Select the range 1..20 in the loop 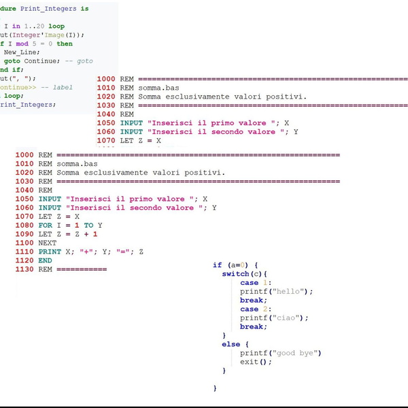[x=34, y=26]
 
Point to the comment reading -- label [x=56, y=87]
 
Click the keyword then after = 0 [x=65, y=44]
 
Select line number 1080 [x=24, y=225]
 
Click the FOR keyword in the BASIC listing [x=45, y=225]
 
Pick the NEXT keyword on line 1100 [x=48, y=243]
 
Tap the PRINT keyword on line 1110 [x=50, y=252]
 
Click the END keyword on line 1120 [x=45, y=260]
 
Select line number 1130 [x=24, y=269]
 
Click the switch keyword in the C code [x=236, y=273]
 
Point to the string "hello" [x=291, y=291]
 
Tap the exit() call [x=255, y=362]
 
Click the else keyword [x=231, y=344]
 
